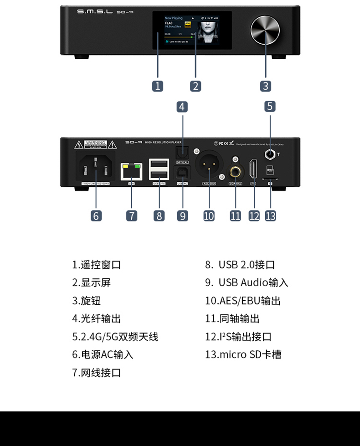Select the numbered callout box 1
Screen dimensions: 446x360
tap(158, 86)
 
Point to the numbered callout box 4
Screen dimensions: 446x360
tap(182, 107)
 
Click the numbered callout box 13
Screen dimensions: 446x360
tap(270, 215)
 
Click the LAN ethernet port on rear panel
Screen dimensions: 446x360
tap(131, 172)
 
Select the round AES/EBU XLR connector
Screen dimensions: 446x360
tap(209, 167)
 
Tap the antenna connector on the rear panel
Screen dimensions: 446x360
tap(270, 155)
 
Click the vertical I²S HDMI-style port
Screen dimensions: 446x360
tap(254, 169)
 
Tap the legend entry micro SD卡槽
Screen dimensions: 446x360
tap(243, 354)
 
